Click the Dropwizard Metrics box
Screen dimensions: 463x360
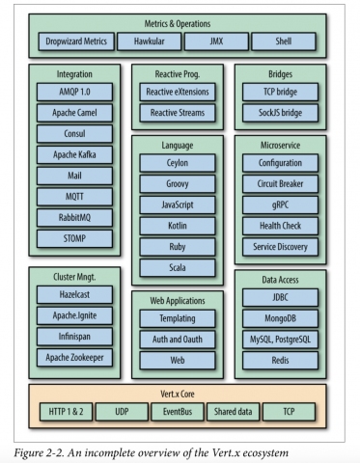click(74, 41)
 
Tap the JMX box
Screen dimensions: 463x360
click(215, 41)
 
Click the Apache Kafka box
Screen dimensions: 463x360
click(74, 154)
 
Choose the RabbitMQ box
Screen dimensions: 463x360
click(74, 217)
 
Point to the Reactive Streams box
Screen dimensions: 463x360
click(178, 113)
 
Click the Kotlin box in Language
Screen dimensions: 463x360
click(178, 225)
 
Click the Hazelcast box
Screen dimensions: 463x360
click(74, 295)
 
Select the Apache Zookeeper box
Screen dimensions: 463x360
click(74, 357)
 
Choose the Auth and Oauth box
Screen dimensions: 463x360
click(178, 338)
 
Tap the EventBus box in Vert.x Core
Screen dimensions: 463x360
click(177, 412)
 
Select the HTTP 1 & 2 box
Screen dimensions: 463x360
click(68, 412)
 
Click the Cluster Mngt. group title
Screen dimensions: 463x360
click(74, 277)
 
